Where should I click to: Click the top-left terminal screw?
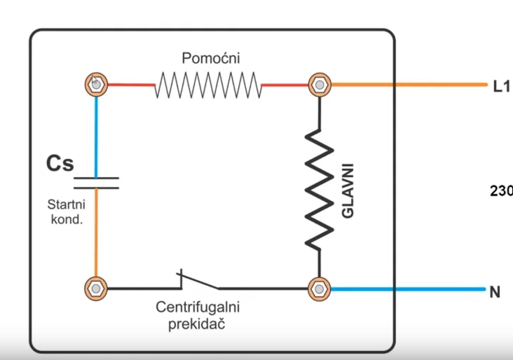click(95, 85)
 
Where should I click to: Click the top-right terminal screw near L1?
click(320, 85)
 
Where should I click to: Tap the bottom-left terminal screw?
click(95, 288)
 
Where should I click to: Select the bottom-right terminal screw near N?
click(320, 288)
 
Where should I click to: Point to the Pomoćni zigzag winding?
click(207, 85)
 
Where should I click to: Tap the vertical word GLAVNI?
click(348, 191)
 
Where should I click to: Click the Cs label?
click(60, 163)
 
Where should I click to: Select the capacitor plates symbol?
click(96, 183)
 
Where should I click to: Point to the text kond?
click(67, 219)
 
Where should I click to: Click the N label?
click(495, 292)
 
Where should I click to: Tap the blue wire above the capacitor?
click(96, 133)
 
